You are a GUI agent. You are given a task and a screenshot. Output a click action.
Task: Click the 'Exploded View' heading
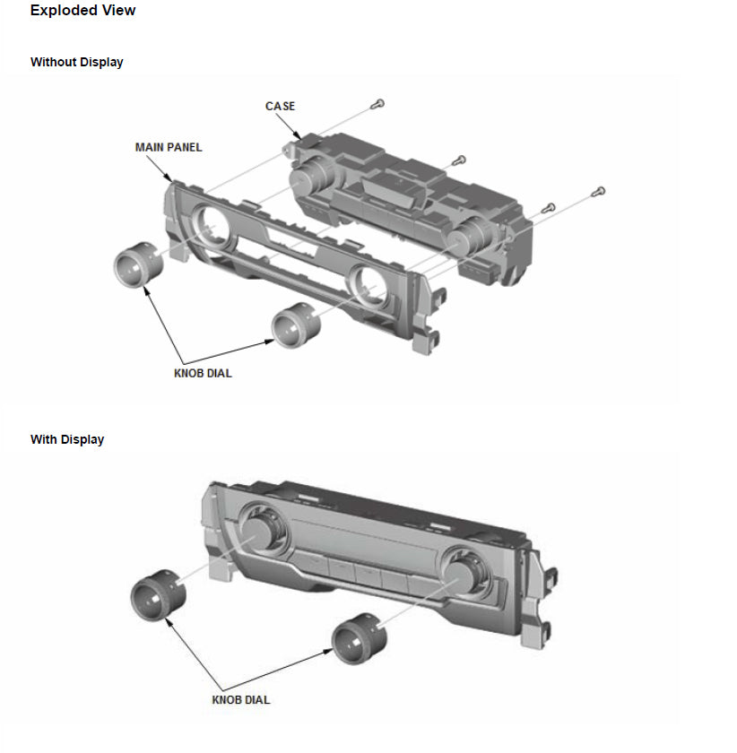[82, 11]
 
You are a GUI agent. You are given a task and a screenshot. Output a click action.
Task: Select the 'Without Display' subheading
[76, 63]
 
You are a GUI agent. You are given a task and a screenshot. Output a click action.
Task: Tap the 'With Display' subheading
[66, 439]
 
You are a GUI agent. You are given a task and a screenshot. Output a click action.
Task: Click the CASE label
[280, 106]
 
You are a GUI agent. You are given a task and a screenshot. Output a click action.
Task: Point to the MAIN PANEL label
[169, 147]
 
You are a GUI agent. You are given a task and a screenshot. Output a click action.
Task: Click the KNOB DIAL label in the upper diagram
[203, 373]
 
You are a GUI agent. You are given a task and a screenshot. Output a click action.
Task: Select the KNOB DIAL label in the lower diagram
[241, 699]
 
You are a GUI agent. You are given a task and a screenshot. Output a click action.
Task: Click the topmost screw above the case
[380, 105]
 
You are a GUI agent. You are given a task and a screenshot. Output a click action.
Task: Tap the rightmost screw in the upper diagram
[600, 191]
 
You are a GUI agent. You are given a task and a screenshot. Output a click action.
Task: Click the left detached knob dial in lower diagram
[156, 593]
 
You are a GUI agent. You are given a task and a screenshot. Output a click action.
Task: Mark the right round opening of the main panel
[369, 286]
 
